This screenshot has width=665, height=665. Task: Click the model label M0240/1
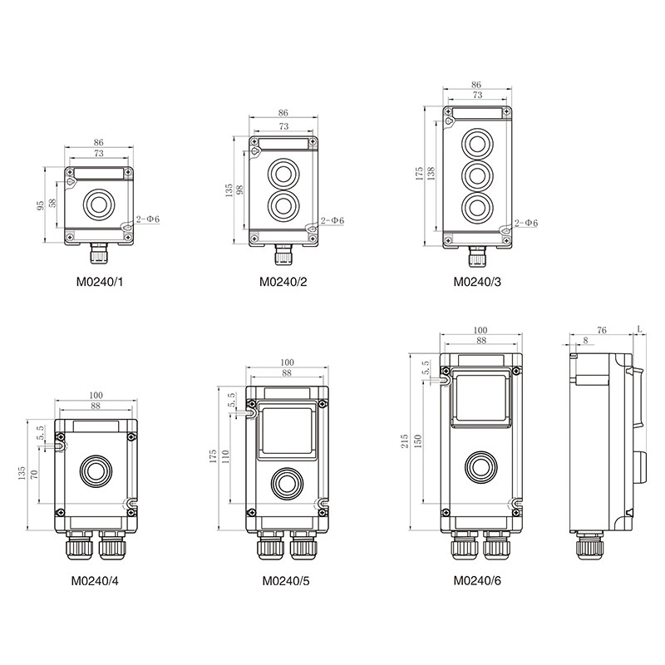click(x=100, y=282)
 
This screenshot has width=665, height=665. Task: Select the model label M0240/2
click(x=283, y=282)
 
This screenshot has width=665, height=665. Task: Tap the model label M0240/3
click(x=477, y=282)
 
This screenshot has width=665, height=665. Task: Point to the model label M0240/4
click(x=95, y=580)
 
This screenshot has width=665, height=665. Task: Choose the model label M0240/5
click(x=286, y=580)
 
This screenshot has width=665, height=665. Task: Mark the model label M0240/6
click(x=477, y=580)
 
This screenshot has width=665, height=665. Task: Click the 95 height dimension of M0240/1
click(x=40, y=205)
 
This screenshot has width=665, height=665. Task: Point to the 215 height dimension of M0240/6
click(x=404, y=441)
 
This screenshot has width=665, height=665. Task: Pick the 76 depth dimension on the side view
click(x=601, y=329)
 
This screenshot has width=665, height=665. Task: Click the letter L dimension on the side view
click(x=639, y=328)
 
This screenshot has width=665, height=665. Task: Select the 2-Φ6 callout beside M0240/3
click(x=526, y=223)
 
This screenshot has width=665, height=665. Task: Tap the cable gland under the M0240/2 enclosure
click(x=282, y=254)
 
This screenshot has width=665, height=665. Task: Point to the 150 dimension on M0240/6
click(x=417, y=441)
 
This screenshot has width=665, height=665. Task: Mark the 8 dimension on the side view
click(x=586, y=341)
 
